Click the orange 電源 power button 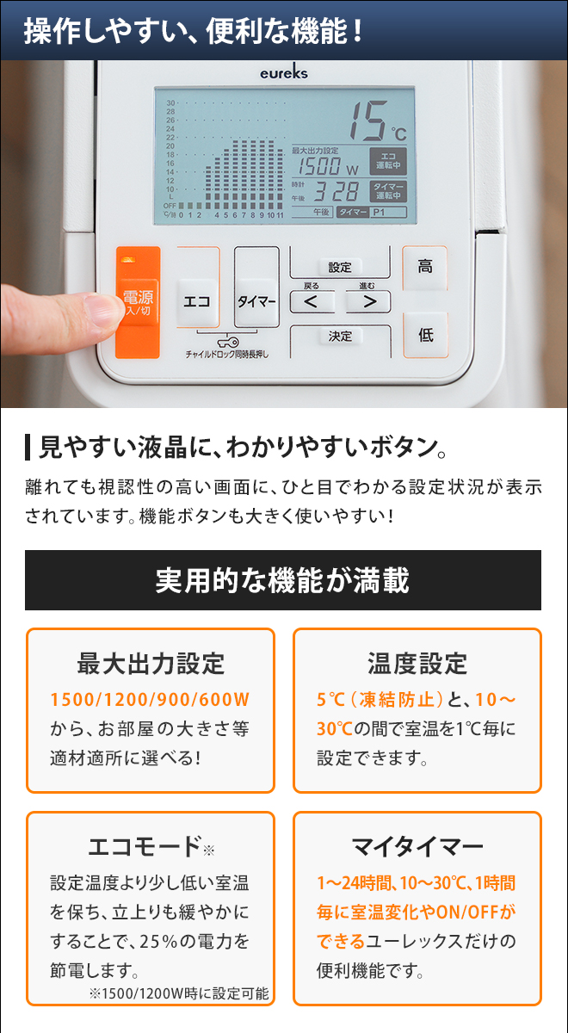tap(138, 304)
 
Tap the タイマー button tap(256, 302)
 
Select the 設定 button tap(340, 267)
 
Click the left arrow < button tap(311, 301)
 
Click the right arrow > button tap(368, 301)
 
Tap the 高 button tap(425, 267)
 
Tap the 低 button tap(425, 335)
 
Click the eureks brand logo tap(283, 74)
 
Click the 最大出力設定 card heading tap(151, 664)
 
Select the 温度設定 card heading tap(417, 664)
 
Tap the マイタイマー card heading tap(417, 846)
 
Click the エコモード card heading tap(144, 846)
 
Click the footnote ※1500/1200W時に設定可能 tap(178, 993)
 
